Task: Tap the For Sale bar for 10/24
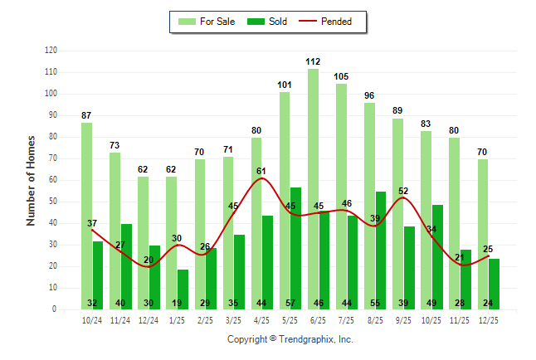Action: click(x=86, y=216)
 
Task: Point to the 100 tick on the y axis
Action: click(x=51, y=94)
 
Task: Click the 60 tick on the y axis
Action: click(x=52, y=180)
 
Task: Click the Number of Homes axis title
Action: click(x=31, y=180)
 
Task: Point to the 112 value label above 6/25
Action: click(x=313, y=61)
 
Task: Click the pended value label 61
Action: click(x=261, y=172)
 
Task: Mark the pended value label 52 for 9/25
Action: click(x=403, y=192)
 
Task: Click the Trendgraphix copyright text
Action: click(x=290, y=339)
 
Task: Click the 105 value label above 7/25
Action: click(x=341, y=76)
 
